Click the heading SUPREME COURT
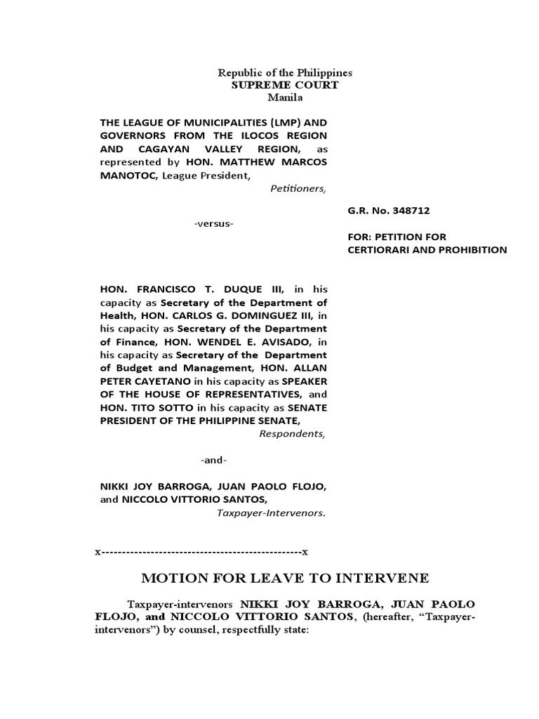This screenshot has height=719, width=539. point(285,85)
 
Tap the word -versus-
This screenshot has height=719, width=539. point(213,223)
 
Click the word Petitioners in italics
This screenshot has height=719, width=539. point(298,188)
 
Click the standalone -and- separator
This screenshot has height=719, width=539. point(213,460)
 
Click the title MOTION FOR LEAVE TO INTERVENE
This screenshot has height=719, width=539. point(284,578)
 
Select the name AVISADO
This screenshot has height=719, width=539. point(284,341)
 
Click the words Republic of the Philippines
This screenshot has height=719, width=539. point(284,73)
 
